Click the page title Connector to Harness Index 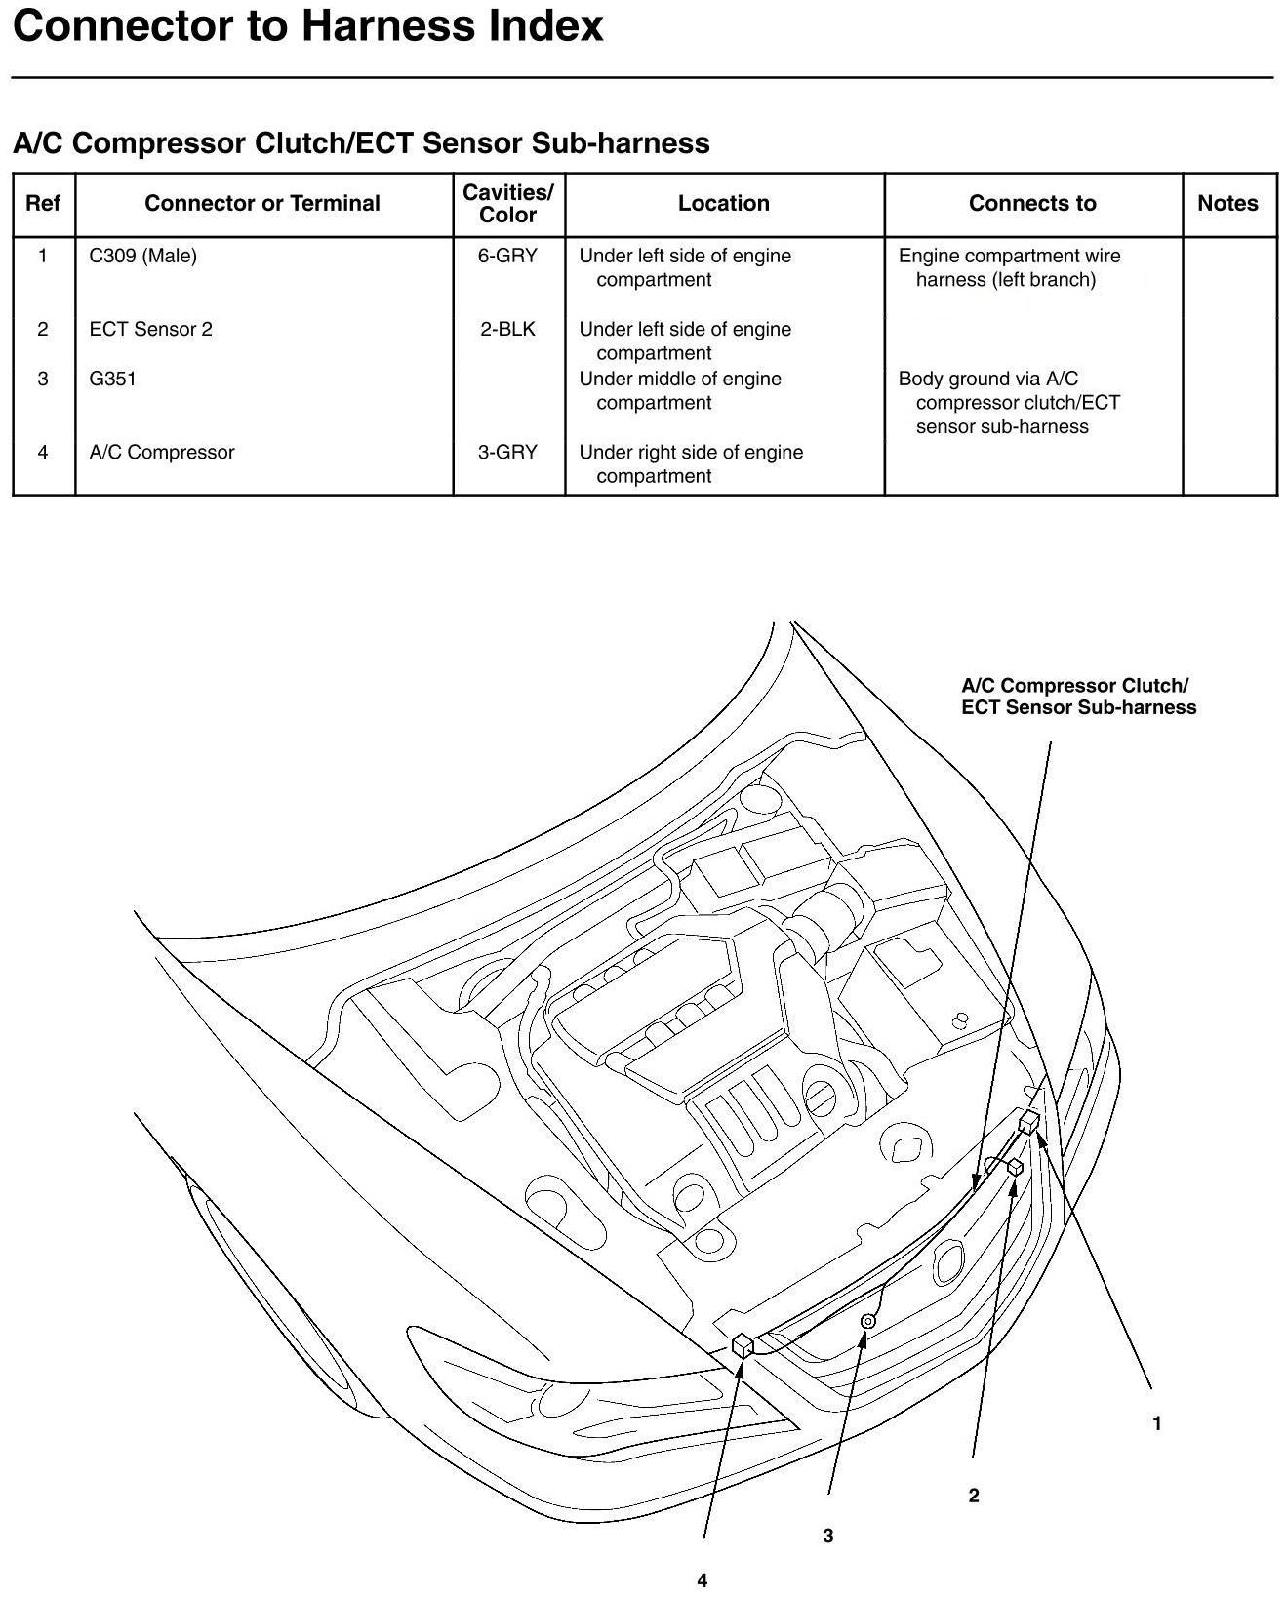pyautogui.click(x=308, y=25)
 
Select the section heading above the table pyautogui.click(x=361, y=143)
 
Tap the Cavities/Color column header pyautogui.click(x=508, y=203)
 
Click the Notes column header pyautogui.click(x=1227, y=203)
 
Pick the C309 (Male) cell pyautogui.click(x=142, y=256)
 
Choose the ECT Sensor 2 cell pyautogui.click(x=150, y=329)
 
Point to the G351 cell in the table pyautogui.click(x=112, y=379)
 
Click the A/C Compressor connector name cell pyautogui.click(x=161, y=452)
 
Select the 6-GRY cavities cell pyautogui.click(x=507, y=256)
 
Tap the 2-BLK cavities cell pyautogui.click(x=507, y=329)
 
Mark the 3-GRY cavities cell pyautogui.click(x=507, y=452)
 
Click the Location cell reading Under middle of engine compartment pyautogui.click(x=680, y=390)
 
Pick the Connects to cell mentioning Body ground pyautogui.click(x=1009, y=402)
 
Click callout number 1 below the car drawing pyautogui.click(x=1157, y=1423)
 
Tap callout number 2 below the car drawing pyautogui.click(x=973, y=1495)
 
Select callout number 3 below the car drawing pyautogui.click(x=827, y=1536)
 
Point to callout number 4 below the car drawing pyautogui.click(x=702, y=1580)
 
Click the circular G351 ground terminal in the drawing pyautogui.click(x=867, y=1321)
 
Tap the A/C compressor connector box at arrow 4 pyautogui.click(x=743, y=1345)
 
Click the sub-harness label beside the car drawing pyautogui.click(x=1078, y=697)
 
